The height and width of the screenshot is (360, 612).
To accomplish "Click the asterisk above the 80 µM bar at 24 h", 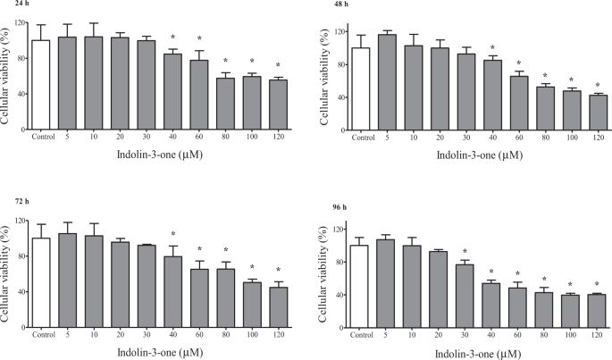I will tap(225, 62).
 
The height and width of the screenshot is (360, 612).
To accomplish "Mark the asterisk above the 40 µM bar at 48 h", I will tap(492, 48).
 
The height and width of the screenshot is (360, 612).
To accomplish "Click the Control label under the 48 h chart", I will tap(363, 138).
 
